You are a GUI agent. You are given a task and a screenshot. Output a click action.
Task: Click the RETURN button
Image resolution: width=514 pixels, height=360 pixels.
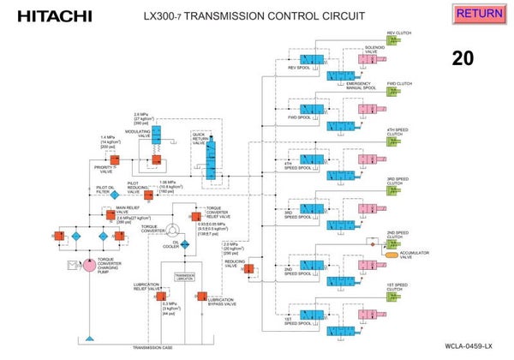[479, 14]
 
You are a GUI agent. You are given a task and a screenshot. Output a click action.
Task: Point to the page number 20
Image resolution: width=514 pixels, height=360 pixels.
[463, 58]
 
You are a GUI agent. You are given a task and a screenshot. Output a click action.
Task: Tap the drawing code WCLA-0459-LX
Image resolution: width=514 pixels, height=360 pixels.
[469, 345]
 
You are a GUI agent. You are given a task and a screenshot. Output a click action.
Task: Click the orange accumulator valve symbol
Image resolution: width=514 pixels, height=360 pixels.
[393, 255]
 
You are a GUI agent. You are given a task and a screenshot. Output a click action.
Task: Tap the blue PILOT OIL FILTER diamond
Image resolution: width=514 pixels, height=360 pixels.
[114, 195]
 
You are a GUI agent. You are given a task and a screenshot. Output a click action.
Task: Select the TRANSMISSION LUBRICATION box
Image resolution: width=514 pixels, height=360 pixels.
[184, 277]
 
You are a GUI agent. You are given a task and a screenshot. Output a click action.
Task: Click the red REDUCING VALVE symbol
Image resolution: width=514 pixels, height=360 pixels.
[248, 269]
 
